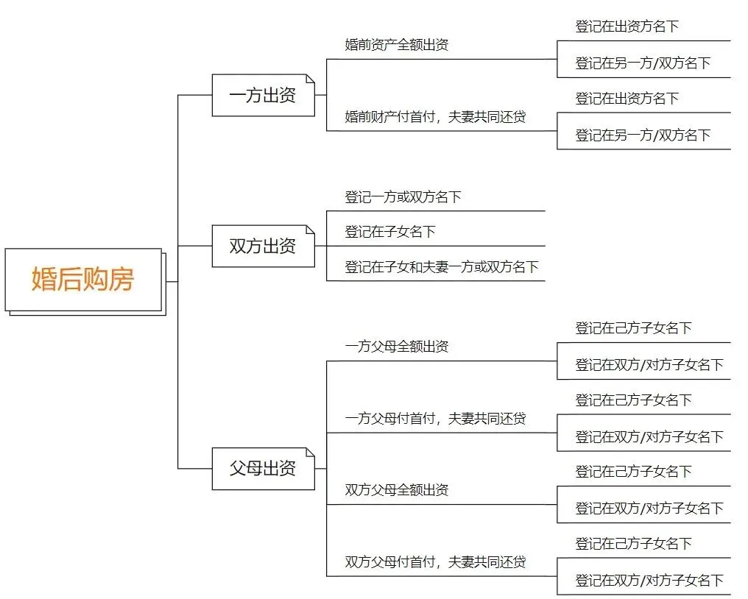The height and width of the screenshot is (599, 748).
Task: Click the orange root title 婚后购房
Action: (x=82, y=280)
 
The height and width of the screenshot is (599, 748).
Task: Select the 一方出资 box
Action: (x=263, y=96)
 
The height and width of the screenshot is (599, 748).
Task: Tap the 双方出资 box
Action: (x=263, y=246)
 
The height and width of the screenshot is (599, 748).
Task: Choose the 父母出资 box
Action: (x=263, y=468)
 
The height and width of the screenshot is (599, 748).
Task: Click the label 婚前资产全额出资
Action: (x=397, y=45)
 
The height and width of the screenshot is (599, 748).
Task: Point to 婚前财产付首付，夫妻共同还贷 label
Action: (x=436, y=117)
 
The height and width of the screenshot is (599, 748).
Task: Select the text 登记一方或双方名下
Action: (x=403, y=197)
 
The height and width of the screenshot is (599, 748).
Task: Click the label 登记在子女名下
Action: (x=390, y=232)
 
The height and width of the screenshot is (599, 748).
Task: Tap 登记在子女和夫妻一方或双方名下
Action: (x=442, y=267)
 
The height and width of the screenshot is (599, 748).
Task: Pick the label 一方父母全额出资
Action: (x=397, y=347)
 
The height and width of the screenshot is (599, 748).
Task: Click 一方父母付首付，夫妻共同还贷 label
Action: (x=436, y=419)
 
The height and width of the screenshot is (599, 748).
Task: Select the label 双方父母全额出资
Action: (x=397, y=490)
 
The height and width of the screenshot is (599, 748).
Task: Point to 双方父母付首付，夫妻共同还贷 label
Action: (x=436, y=562)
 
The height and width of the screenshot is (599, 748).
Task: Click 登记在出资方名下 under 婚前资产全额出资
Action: (x=627, y=26)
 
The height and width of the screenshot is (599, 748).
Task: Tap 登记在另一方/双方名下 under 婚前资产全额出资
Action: (x=643, y=63)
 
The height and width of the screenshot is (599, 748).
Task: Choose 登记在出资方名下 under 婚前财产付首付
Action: (x=627, y=99)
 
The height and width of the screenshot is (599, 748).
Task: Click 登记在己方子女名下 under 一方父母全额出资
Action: (x=634, y=328)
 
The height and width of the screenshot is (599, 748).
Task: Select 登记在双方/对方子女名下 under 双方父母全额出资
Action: (x=649, y=508)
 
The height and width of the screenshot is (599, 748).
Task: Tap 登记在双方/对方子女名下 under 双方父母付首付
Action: (x=649, y=581)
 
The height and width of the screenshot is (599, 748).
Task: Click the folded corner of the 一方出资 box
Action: (x=310, y=79)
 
